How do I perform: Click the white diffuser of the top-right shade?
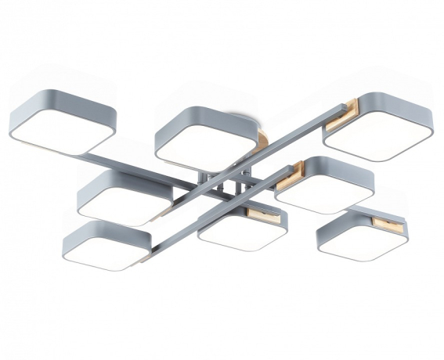click(x=368, y=142)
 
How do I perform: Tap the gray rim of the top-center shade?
click(x=204, y=117)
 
